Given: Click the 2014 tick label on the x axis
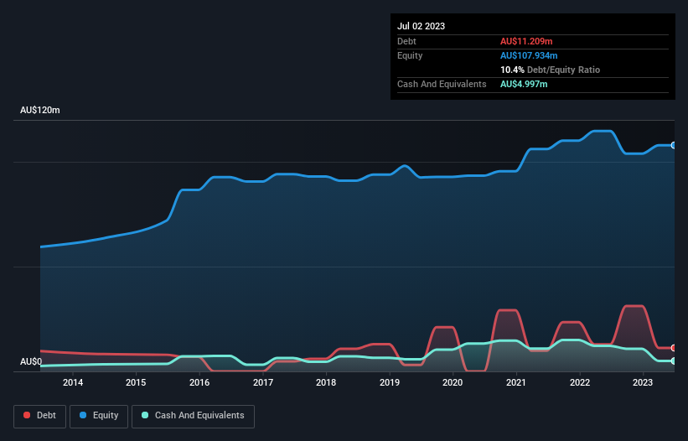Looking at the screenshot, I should pos(73,383).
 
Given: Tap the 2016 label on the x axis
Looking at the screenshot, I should pos(199,383).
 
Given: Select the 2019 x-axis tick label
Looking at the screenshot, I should pos(390,383).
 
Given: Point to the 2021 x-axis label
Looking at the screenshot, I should pos(516,383).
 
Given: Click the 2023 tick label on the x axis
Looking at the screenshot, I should pos(643,383).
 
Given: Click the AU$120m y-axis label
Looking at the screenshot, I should pos(40,111).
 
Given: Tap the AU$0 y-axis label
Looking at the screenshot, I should pos(31,361).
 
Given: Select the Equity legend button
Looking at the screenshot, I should pos(99,416).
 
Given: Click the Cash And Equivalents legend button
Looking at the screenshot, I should pos(193,416).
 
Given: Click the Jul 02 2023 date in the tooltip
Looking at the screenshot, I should pos(422,26).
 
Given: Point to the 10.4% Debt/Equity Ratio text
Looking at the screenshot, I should pos(550,70).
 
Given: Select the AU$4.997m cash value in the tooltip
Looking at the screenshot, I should pos(525,85).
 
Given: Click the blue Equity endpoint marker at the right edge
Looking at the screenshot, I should pos(674,145).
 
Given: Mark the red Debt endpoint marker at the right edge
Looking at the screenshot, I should pos(674,348).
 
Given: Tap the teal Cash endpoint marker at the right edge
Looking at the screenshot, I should pos(674,361).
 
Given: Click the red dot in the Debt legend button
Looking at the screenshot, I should pos(28,416).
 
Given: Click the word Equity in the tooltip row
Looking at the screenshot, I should pos(410,55).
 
